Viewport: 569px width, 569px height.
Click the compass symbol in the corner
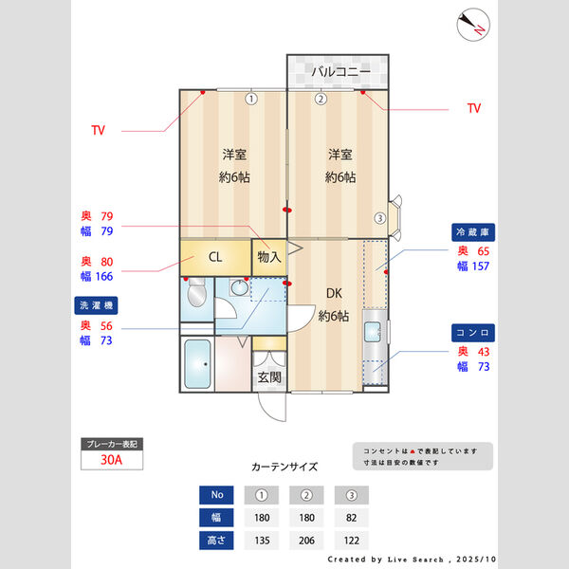pos(471,25)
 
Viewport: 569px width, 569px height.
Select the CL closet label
pos(215,256)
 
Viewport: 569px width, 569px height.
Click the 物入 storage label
pos(268,256)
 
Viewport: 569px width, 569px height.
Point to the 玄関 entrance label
pos(268,376)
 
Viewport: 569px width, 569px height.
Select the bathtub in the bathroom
pos(195,364)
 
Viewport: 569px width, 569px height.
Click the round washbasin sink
pos(239,288)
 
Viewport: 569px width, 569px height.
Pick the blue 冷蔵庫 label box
pos(475,232)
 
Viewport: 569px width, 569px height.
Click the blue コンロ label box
pos(475,333)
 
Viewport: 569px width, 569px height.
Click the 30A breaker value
pos(112,461)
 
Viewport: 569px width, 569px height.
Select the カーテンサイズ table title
pos(284,467)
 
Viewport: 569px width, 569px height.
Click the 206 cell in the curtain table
pos(306,541)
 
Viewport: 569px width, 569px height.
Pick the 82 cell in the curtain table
pos(351,518)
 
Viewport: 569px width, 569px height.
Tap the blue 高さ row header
pos(216,541)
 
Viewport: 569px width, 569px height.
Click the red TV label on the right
pos(474,109)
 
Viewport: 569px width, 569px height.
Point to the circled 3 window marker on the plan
pos(379,217)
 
